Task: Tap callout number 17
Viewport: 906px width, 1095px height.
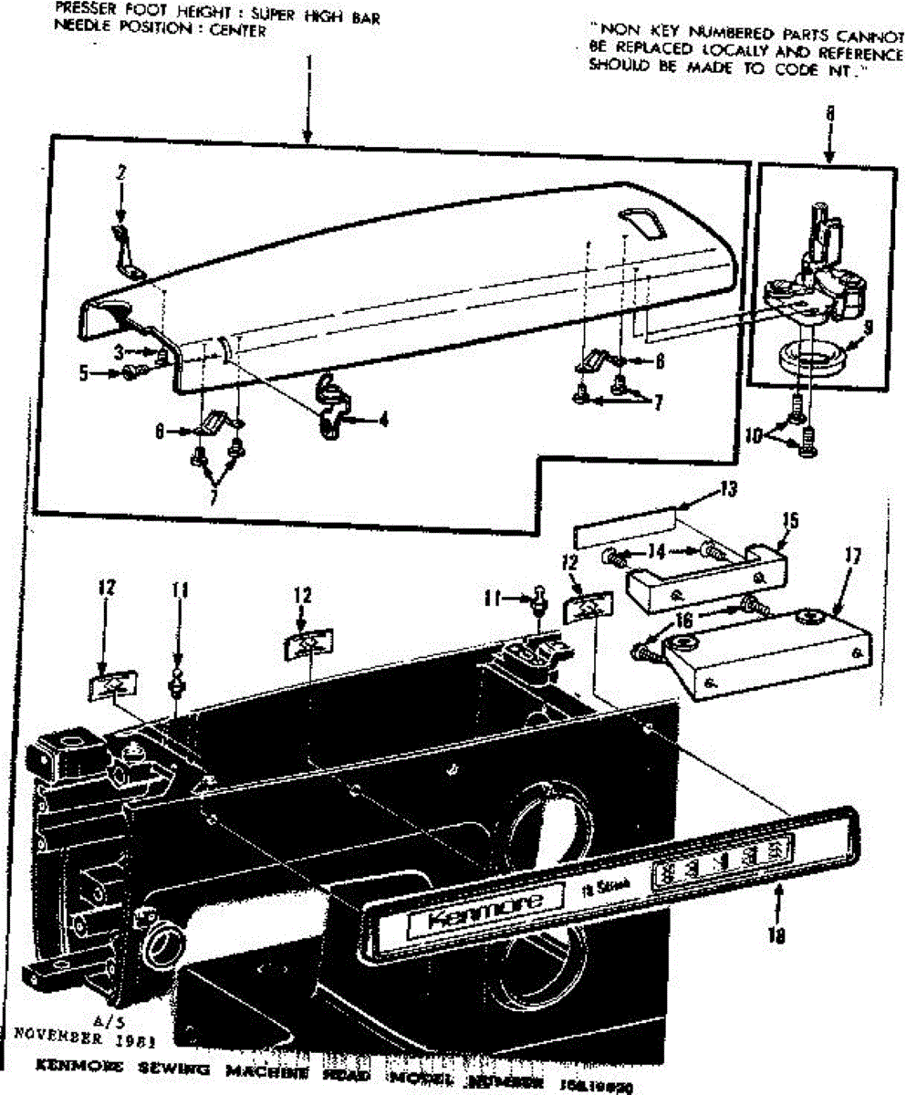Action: tap(851, 554)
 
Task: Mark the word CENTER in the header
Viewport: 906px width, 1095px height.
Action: tap(239, 31)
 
